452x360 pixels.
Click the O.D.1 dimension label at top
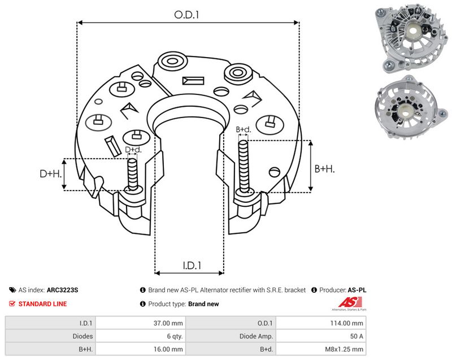pyautogui.click(x=186, y=15)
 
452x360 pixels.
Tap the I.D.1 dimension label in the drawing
pyautogui.click(x=192, y=265)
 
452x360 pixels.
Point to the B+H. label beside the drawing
pyautogui.click(x=324, y=168)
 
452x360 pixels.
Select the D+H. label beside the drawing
pyautogui.click(x=51, y=174)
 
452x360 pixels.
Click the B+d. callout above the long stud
pyautogui.click(x=244, y=129)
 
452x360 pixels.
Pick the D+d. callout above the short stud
pyautogui.click(x=133, y=150)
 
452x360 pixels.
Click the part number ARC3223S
pyautogui.click(x=62, y=290)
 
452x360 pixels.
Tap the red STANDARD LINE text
pyautogui.click(x=42, y=304)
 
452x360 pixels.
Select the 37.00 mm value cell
pyautogui.click(x=140, y=323)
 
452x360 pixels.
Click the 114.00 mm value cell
pyautogui.click(x=321, y=323)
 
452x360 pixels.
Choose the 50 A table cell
pyautogui.click(x=321, y=336)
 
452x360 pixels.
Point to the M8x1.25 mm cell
pyautogui.click(x=321, y=349)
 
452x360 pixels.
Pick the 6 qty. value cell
pyautogui.click(x=140, y=336)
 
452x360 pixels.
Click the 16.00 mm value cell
pyautogui.click(x=140, y=349)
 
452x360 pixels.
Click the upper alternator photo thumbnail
pyautogui.click(x=411, y=38)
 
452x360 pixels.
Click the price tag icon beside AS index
pyautogui.click(x=12, y=290)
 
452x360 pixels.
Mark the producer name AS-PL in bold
pyautogui.click(x=357, y=290)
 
